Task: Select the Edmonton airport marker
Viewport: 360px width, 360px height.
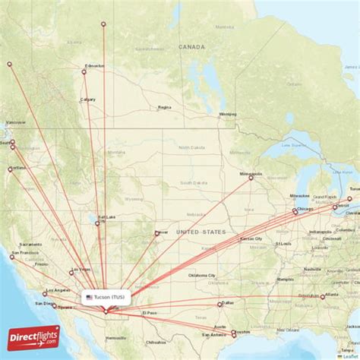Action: [x=84, y=72]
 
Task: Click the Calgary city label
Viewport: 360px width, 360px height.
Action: [x=88, y=99]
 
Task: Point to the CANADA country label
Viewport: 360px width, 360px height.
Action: [x=191, y=47]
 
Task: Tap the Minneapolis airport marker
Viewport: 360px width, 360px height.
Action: [x=251, y=178]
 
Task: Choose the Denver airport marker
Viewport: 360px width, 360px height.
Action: [x=156, y=233]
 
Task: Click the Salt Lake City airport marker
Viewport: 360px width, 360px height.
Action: [x=97, y=223]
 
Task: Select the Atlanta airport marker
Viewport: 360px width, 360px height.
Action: [x=322, y=297]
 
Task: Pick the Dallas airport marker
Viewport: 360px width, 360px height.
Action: [x=220, y=305]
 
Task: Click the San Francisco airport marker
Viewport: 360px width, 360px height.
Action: [x=11, y=257]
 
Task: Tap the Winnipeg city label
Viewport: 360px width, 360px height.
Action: [x=228, y=114]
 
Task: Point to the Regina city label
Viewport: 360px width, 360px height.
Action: [x=164, y=107]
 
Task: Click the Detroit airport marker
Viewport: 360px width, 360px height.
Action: [x=334, y=207]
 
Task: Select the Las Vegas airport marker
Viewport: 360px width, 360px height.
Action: [x=71, y=272]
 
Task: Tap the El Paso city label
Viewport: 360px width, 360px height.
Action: [x=149, y=313]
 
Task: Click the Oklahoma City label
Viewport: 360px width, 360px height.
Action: [x=202, y=275]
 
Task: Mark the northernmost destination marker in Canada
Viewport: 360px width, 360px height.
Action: [x=103, y=24]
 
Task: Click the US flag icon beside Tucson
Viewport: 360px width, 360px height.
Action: [x=89, y=297]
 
